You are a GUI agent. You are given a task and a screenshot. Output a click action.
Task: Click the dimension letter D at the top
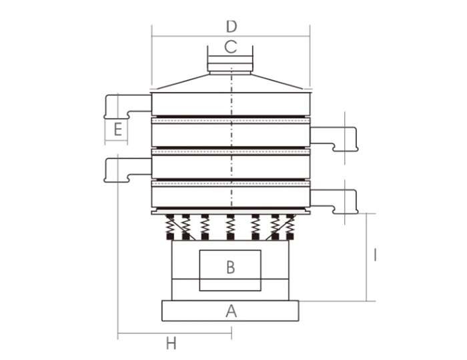[x=231, y=27]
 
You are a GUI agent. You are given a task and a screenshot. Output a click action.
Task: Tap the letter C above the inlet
[x=231, y=47]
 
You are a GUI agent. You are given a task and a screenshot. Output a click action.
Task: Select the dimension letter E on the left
[x=117, y=130]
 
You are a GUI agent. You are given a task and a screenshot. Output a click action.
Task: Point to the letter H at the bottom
[x=171, y=343]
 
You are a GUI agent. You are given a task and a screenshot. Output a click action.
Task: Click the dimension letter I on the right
[x=375, y=255]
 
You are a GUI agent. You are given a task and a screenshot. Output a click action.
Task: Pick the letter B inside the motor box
[x=231, y=267]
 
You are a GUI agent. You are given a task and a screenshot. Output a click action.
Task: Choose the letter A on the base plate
[x=231, y=311]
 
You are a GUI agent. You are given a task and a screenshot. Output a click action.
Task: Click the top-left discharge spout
[x=127, y=106]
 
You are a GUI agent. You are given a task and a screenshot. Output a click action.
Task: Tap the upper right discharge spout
[x=334, y=139]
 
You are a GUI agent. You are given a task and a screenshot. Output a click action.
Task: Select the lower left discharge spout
[x=127, y=169]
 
